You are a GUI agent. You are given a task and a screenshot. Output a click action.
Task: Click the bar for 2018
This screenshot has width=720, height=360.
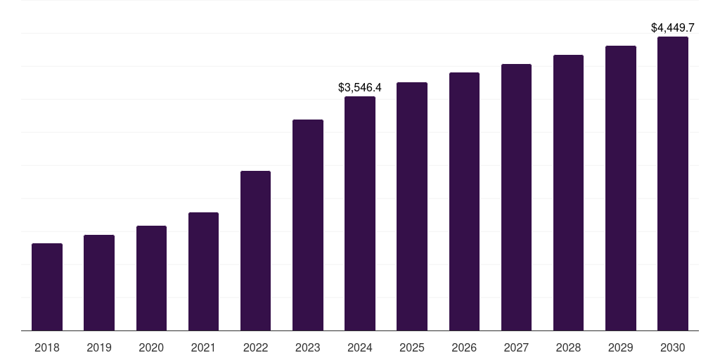(x=47, y=287)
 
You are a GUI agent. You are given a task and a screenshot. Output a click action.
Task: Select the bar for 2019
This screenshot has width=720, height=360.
(x=99, y=283)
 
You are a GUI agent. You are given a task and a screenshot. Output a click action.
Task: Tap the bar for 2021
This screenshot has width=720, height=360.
(x=203, y=271)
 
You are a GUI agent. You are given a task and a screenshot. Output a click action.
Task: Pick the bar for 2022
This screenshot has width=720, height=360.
(x=255, y=250)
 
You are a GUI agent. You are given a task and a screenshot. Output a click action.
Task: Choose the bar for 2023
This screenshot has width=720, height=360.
(x=308, y=225)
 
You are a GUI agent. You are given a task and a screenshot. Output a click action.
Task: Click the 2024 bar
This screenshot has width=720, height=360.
(x=360, y=213)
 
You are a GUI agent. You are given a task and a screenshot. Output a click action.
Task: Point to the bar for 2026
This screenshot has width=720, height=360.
(x=464, y=201)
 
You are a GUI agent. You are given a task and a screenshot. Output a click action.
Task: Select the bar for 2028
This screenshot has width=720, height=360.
(x=568, y=193)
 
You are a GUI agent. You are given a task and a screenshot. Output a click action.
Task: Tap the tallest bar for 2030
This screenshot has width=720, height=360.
(x=673, y=184)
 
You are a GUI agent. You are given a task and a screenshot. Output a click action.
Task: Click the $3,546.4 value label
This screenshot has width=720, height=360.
(x=360, y=88)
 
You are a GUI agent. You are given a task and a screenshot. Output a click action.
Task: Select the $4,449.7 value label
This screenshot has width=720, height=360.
(x=673, y=28)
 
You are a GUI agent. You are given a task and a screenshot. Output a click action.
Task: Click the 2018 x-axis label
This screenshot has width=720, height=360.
(x=47, y=347)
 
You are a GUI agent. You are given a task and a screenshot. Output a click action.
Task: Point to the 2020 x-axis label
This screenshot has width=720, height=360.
(x=151, y=347)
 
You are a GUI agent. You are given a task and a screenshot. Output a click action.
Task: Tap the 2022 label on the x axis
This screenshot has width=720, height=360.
(x=255, y=347)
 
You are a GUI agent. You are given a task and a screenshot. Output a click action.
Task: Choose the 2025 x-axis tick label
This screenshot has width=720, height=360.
(x=412, y=347)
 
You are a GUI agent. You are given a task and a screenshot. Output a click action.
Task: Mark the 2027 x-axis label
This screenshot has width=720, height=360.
(x=516, y=347)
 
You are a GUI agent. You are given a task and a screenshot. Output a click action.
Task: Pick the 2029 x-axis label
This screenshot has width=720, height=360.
(x=621, y=347)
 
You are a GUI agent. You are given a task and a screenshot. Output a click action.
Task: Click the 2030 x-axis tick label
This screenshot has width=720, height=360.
(x=673, y=347)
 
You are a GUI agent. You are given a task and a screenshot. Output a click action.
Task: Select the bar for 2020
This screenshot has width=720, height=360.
(x=151, y=278)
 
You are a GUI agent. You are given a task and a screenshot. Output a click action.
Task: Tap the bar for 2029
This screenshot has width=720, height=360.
(x=621, y=188)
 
